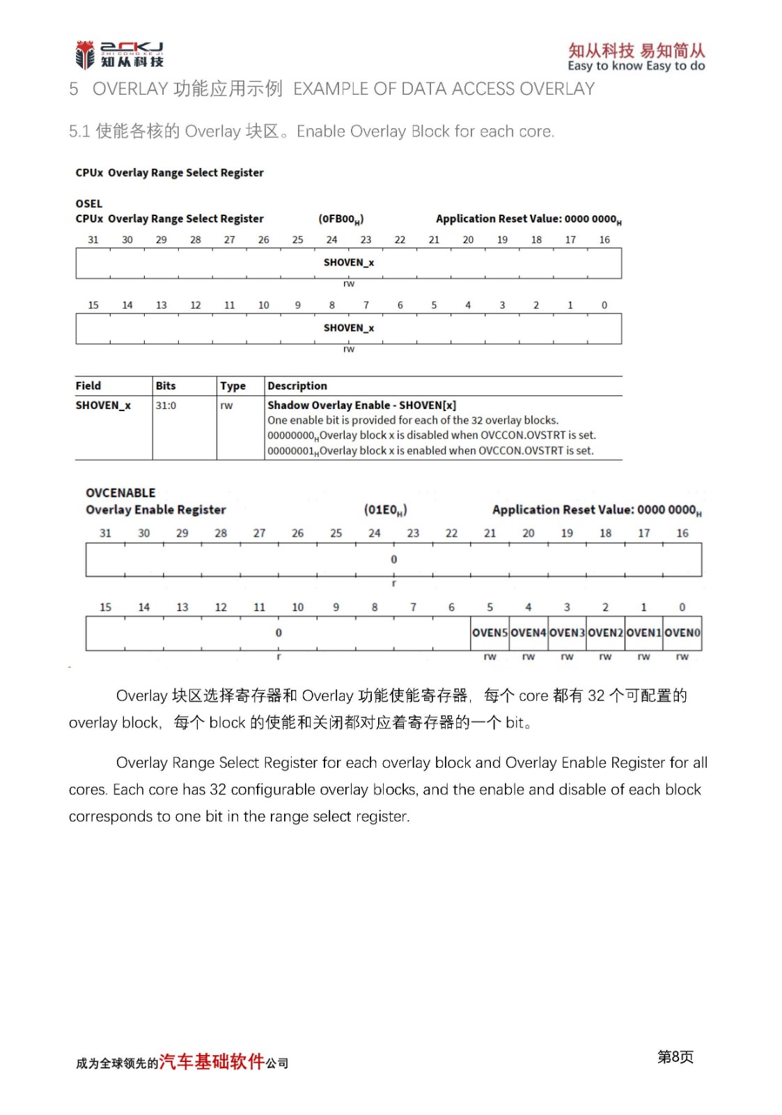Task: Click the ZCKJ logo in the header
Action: [x=119, y=54]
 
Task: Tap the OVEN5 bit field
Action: [x=490, y=633]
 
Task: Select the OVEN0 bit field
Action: [x=682, y=633]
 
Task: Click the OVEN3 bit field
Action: [x=567, y=633]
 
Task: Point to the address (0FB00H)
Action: [x=341, y=219]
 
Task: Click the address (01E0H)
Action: [x=385, y=510]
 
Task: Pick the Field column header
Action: [x=88, y=386]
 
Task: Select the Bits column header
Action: [x=166, y=386]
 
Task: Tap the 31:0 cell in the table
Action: [x=166, y=406]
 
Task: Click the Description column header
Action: [x=297, y=386]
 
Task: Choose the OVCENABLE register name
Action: [x=120, y=493]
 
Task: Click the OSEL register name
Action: [x=89, y=203]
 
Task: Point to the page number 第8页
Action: [x=675, y=1057]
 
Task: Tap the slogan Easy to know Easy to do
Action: [x=636, y=66]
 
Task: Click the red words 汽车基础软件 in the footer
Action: [x=212, y=1061]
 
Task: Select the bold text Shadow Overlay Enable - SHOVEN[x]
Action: [x=361, y=406]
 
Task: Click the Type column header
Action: [x=233, y=386]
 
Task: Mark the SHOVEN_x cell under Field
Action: [x=103, y=406]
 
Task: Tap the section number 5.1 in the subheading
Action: [x=79, y=132]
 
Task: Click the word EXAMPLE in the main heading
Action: [x=331, y=89]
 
